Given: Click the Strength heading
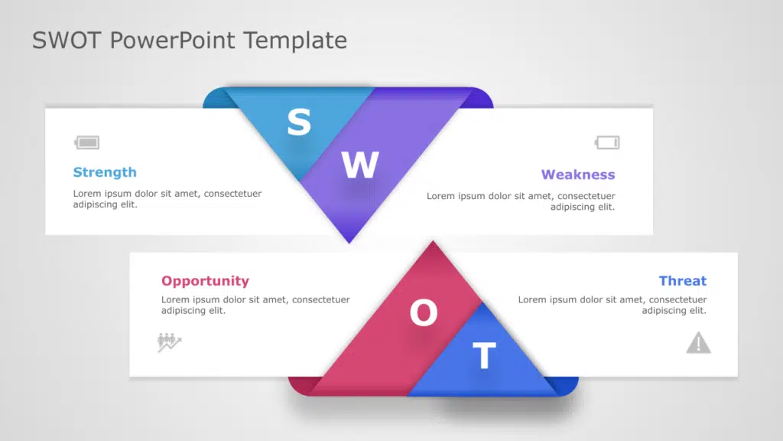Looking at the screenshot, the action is [x=105, y=172].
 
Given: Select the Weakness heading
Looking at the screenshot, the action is [x=578, y=175].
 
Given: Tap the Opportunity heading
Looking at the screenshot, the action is [x=205, y=281].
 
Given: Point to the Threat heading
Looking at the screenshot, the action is [x=683, y=280].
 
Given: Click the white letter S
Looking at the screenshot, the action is [x=299, y=122].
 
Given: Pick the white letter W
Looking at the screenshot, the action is [x=360, y=165].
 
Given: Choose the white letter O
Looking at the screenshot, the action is [x=424, y=312].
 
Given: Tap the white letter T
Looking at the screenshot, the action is [x=484, y=355].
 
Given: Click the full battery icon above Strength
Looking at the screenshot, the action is [x=87, y=142].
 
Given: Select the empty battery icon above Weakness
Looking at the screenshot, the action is [x=607, y=142].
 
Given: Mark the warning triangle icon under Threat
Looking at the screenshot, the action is [x=699, y=343].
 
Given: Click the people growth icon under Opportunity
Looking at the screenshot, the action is [x=169, y=342].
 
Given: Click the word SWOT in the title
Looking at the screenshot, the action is [x=67, y=40].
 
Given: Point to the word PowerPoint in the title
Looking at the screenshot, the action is [x=172, y=40].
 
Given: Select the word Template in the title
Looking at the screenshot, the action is [x=295, y=40].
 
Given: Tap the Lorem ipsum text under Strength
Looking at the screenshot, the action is [x=167, y=198].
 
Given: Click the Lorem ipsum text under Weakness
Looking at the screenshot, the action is [x=521, y=201].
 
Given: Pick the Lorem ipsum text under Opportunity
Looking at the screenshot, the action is [x=255, y=305].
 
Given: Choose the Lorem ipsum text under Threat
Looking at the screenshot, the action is [x=612, y=305].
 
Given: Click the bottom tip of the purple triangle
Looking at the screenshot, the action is [x=349, y=243].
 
